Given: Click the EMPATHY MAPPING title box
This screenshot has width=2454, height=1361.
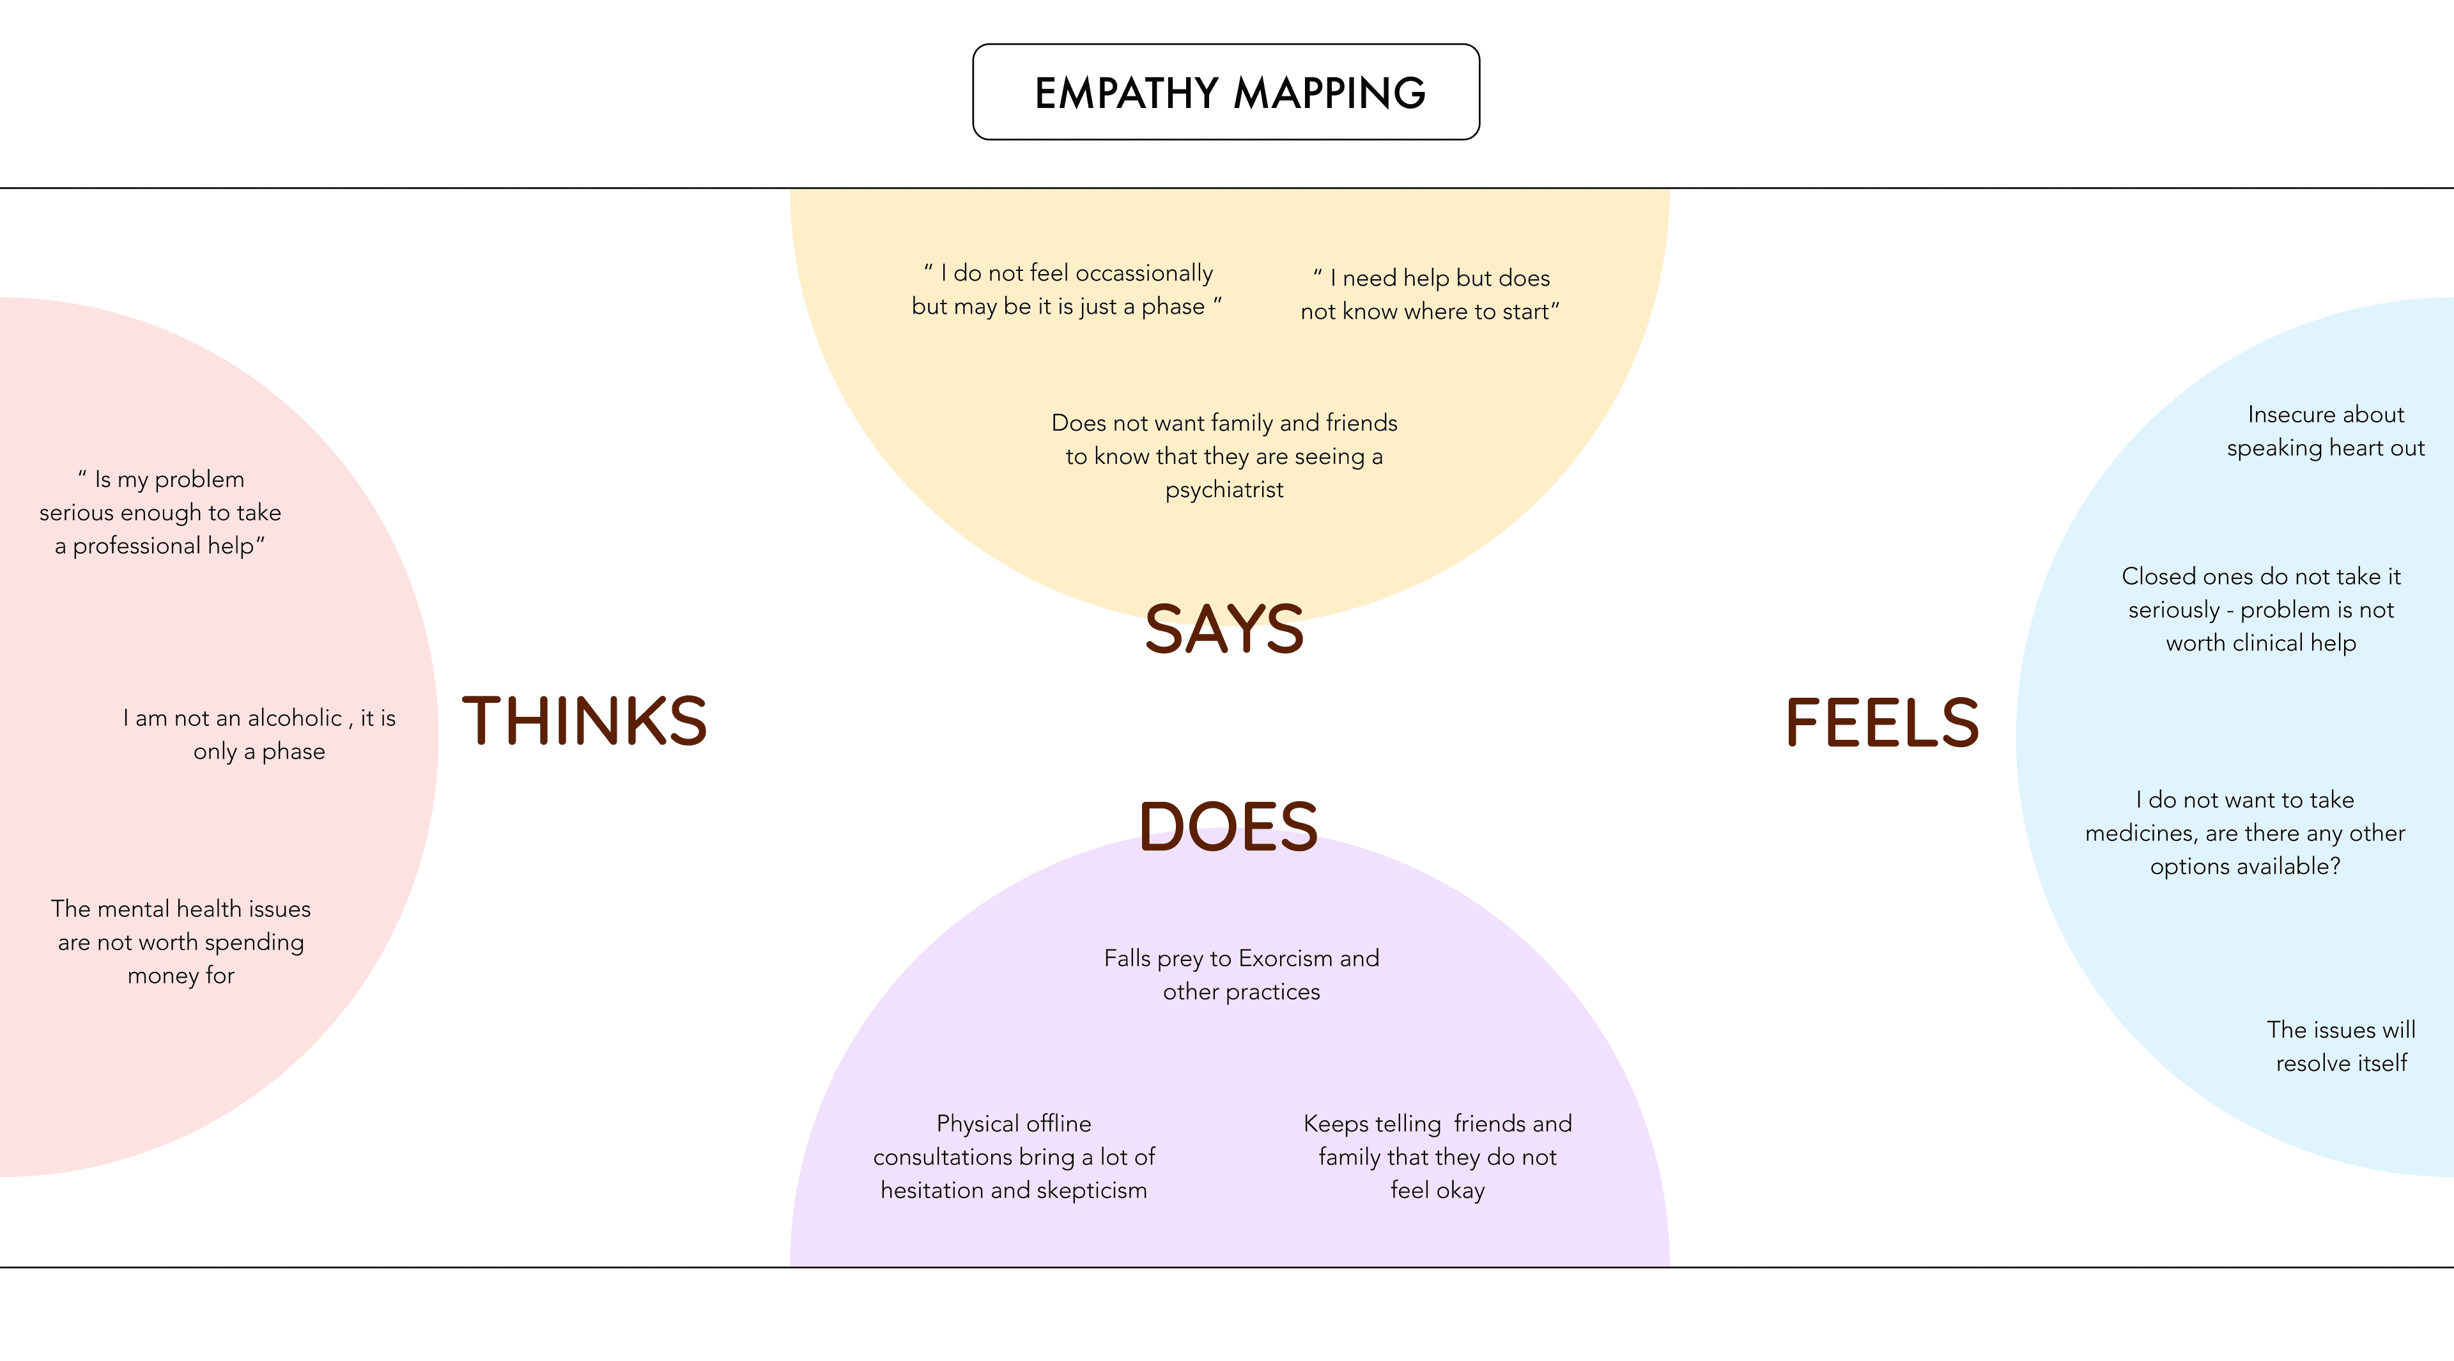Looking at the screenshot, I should point(1226,93).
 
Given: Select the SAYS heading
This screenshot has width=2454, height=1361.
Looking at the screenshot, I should point(1224,629).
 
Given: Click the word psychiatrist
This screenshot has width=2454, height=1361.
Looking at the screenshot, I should point(1224,489).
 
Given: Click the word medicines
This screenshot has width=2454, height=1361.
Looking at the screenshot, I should point(2141,833).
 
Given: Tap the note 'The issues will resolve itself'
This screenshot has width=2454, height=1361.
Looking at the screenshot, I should point(2342,1046).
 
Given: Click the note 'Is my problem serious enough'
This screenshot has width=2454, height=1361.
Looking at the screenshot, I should point(160,512).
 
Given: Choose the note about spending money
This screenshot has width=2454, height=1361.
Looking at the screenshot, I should point(181,942).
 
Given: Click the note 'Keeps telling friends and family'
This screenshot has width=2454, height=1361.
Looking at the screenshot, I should point(1437,1157).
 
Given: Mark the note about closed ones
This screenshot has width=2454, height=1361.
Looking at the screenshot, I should point(2260,610).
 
